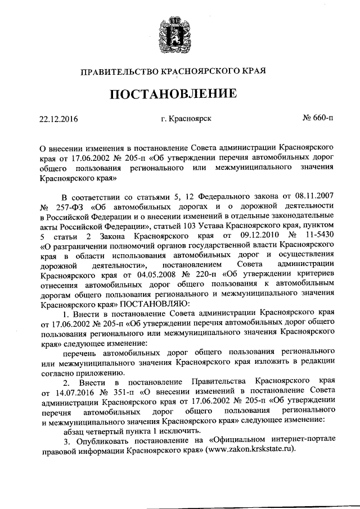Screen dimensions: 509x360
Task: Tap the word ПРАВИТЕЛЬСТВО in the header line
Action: point(116,71)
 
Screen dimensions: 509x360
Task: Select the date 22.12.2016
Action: point(59,119)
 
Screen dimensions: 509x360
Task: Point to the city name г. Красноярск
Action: point(186,119)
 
